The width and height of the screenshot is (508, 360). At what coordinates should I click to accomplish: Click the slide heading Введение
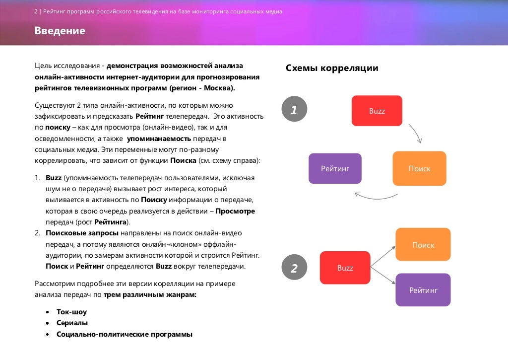pyautogui.click(x=60, y=31)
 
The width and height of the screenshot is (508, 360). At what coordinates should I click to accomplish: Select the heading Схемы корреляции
pyautogui.click(x=332, y=68)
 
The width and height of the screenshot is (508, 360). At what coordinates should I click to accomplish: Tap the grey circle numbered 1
pyautogui.click(x=294, y=109)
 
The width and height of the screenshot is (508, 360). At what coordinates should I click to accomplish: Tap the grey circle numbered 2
pyautogui.click(x=294, y=268)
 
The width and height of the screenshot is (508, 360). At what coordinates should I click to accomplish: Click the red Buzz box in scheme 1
pyautogui.click(x=377, y=111)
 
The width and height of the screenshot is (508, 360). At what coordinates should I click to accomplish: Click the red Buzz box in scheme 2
pyautogui.click(x=345, y=268)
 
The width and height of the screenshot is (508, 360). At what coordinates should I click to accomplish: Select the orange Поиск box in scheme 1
pyautogui.click(x=419, y=169)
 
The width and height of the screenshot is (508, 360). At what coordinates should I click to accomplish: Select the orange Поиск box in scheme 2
pyautogui.click(x=423, y=244)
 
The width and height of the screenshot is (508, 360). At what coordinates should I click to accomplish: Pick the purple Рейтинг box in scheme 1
pyautogui.click(x=335, y=169)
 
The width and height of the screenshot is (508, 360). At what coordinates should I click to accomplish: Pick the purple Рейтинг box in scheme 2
pyautogui.click(x=423, y=290)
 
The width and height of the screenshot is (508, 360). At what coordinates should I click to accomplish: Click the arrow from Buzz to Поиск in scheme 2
pyautogui.click(x=382, y=256)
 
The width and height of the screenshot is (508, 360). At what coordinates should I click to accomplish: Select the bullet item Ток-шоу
pyautogui.click(x=71, y=312)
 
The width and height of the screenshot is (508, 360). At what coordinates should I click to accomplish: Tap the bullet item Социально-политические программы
pyautogui.click(x=124, y=334)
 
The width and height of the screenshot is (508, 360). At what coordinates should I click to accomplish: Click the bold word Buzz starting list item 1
pyautogui.click(x=54, y=177)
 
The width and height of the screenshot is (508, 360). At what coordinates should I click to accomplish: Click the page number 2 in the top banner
pyautogui.click(x=36, y=11)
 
